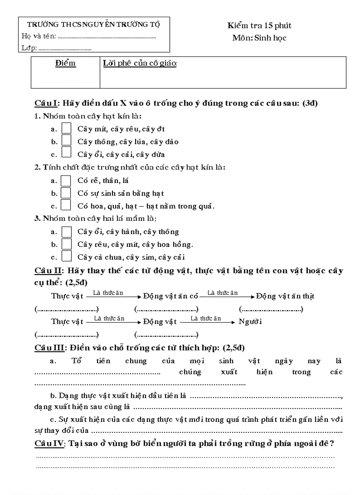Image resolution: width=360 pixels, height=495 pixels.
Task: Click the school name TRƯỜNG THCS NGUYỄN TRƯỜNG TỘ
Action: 94,24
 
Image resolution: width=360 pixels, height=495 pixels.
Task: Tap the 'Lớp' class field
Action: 65,48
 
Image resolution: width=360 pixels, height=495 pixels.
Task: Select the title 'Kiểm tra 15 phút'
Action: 259,26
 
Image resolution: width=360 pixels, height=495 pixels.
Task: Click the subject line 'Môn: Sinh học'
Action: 259,38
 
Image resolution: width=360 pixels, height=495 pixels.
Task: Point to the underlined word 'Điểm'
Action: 65,63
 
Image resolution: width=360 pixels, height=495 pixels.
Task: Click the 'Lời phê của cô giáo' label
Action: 140,63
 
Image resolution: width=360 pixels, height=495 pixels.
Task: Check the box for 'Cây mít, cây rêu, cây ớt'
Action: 66,128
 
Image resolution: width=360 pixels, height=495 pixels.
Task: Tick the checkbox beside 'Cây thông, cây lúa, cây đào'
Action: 66,141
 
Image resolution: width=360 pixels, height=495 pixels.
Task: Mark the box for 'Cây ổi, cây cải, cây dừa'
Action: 66,153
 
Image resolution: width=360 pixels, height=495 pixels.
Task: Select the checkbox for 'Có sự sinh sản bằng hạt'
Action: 66,193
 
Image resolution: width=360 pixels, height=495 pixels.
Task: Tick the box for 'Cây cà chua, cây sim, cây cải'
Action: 66,256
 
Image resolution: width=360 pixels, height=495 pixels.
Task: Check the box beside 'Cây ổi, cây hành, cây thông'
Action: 66,231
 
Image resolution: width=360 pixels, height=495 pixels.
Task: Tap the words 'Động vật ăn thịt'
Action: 285,296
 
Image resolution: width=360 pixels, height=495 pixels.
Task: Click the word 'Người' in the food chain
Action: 250,321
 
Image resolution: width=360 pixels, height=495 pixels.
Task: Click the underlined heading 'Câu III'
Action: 50,348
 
